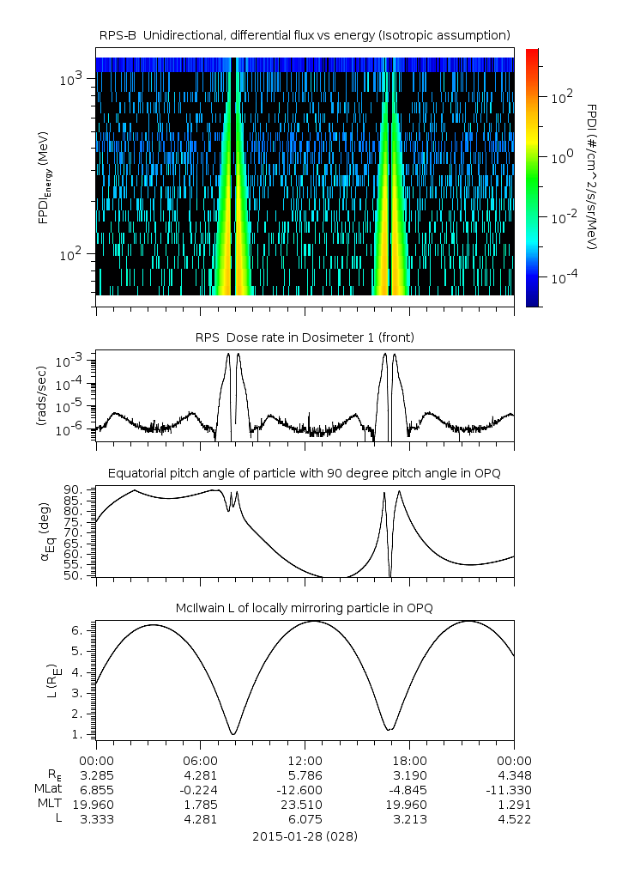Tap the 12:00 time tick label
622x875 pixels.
click(305, 760)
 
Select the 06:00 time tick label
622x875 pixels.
click(200, 760)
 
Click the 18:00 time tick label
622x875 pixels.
click(409, 760)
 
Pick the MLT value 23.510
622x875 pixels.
click(305, 805)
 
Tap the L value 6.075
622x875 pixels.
click(305, 819)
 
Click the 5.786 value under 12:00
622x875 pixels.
click(305, 775)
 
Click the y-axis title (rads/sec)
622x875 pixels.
click(40, 396)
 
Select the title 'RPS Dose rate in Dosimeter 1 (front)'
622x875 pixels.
click(305, 337)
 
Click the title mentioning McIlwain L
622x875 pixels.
click(305, 608)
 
